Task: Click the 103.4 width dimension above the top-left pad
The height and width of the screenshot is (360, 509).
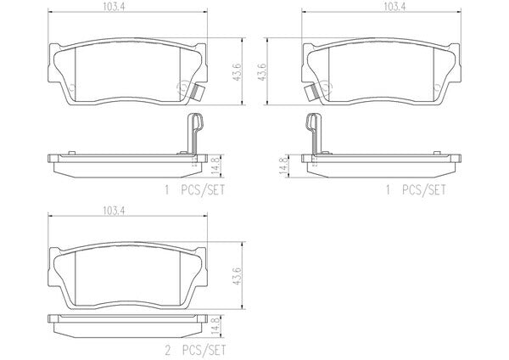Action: (115, 8)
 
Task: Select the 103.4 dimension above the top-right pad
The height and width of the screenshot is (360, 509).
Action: (394, 7)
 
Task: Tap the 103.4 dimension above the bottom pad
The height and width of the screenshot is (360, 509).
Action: (115, 211)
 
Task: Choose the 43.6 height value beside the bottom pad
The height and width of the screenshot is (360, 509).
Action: (238, 276)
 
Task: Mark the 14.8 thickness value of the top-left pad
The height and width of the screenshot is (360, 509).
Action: (215, 165)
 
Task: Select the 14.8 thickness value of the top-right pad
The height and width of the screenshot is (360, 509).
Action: (283, 166)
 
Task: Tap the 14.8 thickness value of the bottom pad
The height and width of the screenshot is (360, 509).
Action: (215, 326)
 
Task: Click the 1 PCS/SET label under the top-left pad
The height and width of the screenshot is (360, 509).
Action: (195, 190)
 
